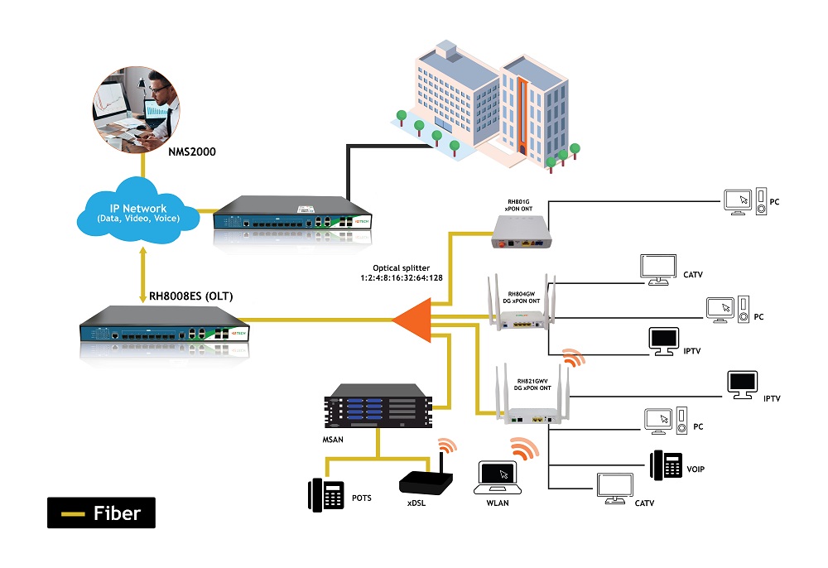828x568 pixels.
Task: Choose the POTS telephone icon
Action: click(326, 495)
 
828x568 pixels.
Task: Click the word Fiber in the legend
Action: click(117, 513)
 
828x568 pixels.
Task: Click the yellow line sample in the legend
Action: click(75, 513)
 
